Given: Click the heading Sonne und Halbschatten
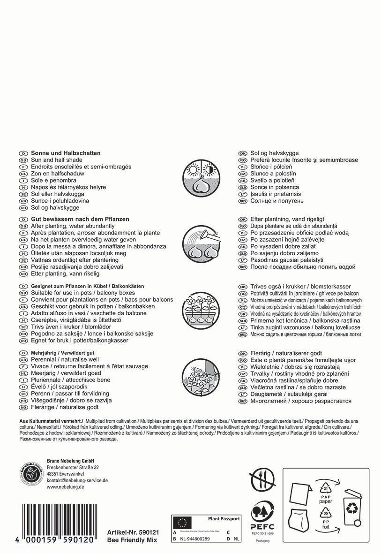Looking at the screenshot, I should coord(66,153).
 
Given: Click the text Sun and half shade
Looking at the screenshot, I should coord(56,160).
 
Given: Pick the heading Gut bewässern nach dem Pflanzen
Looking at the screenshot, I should coord(80,219).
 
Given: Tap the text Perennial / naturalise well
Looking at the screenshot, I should coord(65,359).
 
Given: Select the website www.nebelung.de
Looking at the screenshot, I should coord(65,487).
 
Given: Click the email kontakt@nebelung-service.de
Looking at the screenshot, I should coord(77,480).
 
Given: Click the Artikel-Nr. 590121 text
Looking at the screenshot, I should coord(133,532).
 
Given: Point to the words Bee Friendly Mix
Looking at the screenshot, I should coord(132,540).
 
